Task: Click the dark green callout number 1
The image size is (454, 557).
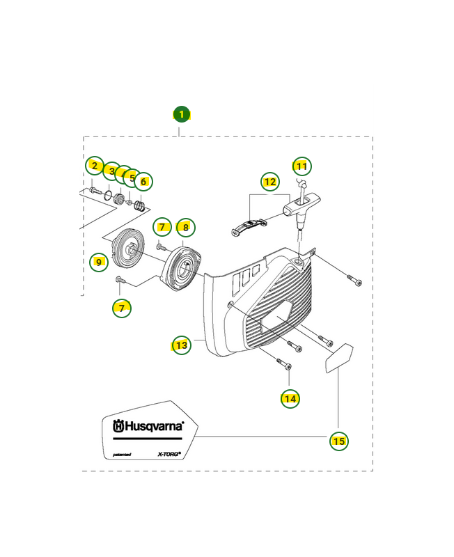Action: [x=181, y=114]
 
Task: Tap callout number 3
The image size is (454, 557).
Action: [x=111, y=171]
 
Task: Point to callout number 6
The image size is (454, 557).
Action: [x=143, y=182]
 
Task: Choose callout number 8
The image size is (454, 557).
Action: [x=185, y=227]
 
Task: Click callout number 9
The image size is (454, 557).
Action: [x=99, y=262]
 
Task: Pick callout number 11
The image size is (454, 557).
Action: [x=301, y=166]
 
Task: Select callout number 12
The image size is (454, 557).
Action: [x=269, y=182]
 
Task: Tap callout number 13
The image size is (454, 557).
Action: [x=182, y=345]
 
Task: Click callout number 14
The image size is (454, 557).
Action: [x=290, y=398]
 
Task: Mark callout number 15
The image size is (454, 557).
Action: [x=338, y=440]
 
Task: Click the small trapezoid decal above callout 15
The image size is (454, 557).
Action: [x=339, y=357]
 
